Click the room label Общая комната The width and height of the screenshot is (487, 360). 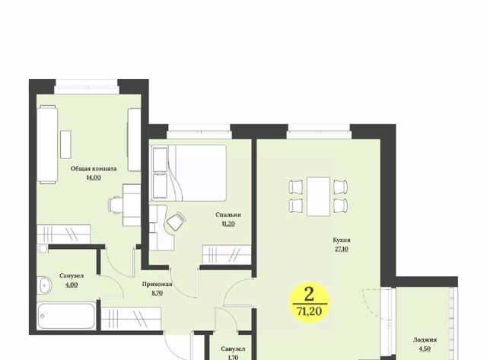(x=94, y=169)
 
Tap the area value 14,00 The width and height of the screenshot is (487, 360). (x=94, y=177)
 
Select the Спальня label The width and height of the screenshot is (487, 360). (x=228, y=215)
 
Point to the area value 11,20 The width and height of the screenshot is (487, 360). (x=228, y=223)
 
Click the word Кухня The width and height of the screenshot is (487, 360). (x=342, y=240)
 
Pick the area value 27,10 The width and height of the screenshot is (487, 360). (x=342, y=249)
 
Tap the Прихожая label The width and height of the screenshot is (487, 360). (x=158, y=284)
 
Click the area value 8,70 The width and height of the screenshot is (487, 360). (x=158, y=292)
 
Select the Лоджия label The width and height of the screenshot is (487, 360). (x=425, y=339)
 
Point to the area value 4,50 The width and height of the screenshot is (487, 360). (x=425, y=349)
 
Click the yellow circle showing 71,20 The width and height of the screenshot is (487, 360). (x=309, y=303)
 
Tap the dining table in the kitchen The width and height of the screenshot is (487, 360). (x=318, y=196)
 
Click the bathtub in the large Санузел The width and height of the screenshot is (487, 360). (x=66, y=316)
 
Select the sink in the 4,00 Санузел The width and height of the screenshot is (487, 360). (x=44, y=285)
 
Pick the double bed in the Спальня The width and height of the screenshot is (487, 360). (x=189, y=173)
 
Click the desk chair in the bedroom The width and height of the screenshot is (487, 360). (x=177, y=221)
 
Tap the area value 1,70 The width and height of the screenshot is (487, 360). (x=233, y=357)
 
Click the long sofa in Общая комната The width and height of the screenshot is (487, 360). (x=47, y=144)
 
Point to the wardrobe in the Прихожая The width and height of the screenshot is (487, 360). (x=131, y=319)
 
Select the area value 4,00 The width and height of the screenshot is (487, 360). (x=72, y=284)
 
